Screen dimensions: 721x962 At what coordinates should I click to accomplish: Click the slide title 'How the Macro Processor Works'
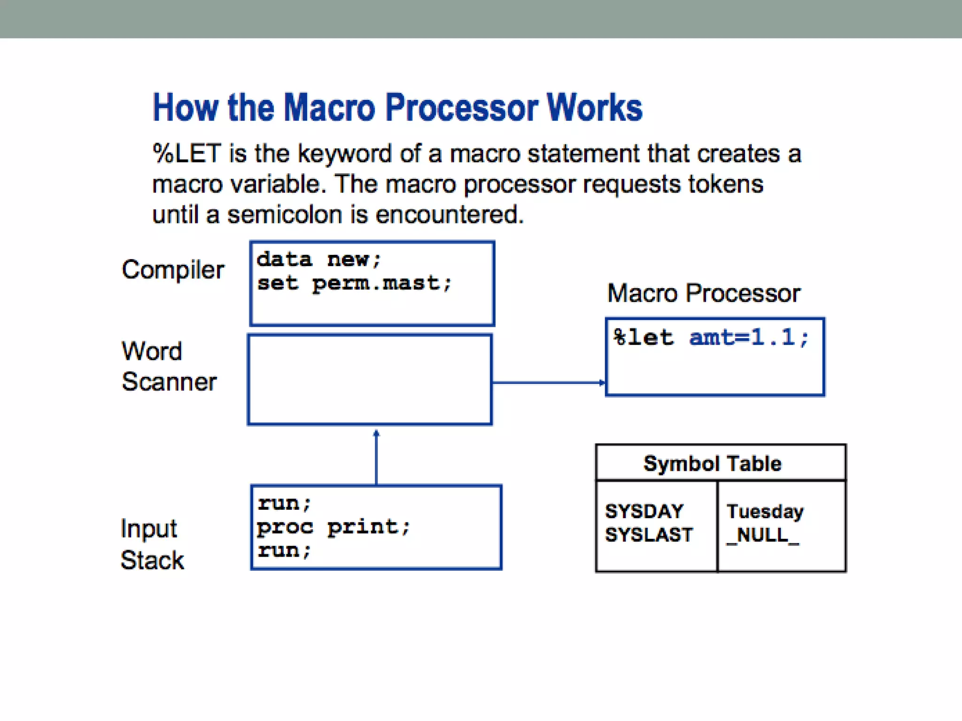(397, 108)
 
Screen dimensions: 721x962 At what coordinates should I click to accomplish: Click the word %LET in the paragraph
(186, 154)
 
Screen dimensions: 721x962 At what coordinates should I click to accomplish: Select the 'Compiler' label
(173, 270)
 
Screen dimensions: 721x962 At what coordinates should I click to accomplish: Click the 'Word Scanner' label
(169, 366)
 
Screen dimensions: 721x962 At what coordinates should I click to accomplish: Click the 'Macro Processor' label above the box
(703, 294)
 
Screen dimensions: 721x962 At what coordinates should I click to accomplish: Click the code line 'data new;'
(319, 260)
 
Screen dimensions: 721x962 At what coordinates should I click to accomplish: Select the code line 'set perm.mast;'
(354, 284)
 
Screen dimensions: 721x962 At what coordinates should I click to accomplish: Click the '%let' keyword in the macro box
(643, 337)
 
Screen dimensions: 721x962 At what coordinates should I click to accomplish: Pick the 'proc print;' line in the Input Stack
(334, 527)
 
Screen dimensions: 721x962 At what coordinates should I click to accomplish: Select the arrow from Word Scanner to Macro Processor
(549, 383)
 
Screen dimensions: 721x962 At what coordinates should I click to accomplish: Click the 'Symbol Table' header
(712, 464)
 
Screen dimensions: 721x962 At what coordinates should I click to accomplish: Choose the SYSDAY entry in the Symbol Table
(644, 511)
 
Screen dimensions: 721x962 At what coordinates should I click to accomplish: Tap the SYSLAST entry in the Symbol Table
(649, 535)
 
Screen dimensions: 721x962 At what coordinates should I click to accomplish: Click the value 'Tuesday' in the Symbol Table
(765, 512)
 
